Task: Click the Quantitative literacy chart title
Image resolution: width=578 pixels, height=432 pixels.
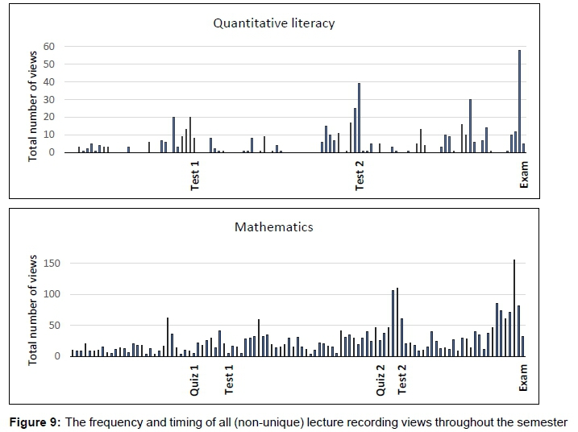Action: [273, 23]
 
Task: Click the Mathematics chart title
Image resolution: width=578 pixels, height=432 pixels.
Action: [273, 227]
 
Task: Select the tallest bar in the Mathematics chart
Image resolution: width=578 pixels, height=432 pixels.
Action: [514, 307]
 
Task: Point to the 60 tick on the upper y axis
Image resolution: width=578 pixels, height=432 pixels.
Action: [49, 47]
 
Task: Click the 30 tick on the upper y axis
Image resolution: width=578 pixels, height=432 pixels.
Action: [49, 99]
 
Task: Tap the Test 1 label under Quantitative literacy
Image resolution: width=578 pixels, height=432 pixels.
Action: [195, 175]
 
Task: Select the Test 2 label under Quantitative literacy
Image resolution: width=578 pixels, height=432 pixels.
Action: [360, 175]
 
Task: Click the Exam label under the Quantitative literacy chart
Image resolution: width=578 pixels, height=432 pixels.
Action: [524, 174]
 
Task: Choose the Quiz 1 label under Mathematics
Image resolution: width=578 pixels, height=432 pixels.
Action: [194, 379]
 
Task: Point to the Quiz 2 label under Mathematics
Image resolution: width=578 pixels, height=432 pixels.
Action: [381, 379]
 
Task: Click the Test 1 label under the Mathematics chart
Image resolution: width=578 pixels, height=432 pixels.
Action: [229, 379]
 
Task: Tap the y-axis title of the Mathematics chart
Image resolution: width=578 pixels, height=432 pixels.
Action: [34, 309]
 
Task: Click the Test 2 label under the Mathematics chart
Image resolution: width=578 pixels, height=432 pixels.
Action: [402, 379]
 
